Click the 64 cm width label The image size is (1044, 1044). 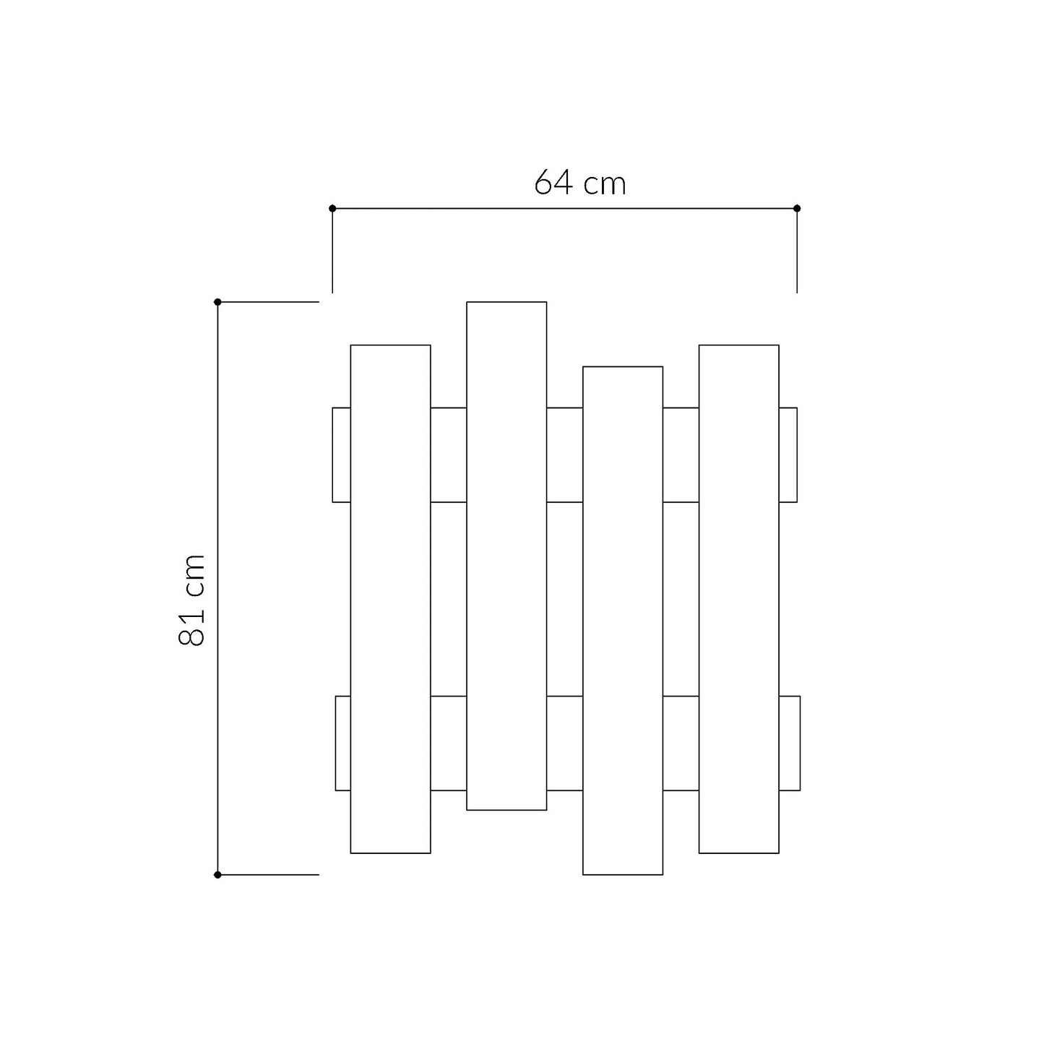click(579, 182)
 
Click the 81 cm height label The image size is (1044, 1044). click(191, 600)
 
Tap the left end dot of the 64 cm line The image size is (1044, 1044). click(332, 208)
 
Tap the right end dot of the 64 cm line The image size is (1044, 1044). click(796, 208)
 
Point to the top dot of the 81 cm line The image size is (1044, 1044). click(217, 302)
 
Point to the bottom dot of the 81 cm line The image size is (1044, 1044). click(217, 874)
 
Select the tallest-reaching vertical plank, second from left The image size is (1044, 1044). click(506, 556)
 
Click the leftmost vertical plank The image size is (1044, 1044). click(391, 599)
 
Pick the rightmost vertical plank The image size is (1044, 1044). click(739, 599)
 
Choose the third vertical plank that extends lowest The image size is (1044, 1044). click(623, 621)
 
